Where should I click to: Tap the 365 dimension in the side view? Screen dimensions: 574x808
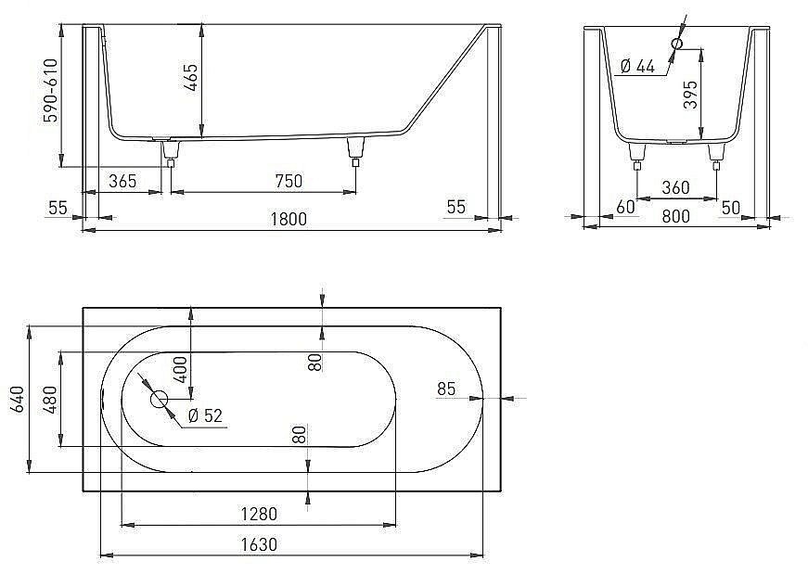pos(122,181)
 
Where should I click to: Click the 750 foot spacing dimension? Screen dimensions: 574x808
pos(289,181)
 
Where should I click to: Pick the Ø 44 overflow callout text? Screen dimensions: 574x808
pos(636,66)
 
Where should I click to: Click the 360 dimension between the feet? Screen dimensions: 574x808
pos(675,187)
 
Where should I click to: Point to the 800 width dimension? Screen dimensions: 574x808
pos(675,217)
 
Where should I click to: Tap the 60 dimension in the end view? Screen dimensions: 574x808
pos(625,207)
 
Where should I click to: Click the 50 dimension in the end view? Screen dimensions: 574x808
pos(731,207)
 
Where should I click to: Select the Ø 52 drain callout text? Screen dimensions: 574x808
pos(206,416)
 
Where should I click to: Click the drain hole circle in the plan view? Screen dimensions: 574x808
pos(159,400)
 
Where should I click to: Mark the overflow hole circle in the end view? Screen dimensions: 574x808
pos(676,44)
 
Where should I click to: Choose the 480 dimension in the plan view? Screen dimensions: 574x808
pos(51,398)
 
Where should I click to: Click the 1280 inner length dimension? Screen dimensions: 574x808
pos(258,513)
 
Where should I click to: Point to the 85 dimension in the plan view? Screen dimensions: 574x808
pos(446,389)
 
